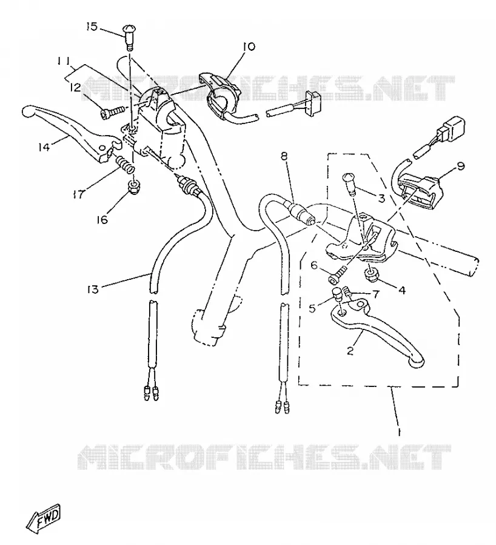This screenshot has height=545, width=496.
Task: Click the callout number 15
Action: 92,27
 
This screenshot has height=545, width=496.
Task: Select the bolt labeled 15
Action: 130,37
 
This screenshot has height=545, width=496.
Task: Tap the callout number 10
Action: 249,46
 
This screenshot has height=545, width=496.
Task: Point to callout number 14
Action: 44,147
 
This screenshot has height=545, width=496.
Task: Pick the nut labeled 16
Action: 134,187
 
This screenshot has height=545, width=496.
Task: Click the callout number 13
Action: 93,289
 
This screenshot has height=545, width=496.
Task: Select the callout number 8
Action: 284,157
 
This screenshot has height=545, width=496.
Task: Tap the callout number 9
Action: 460,167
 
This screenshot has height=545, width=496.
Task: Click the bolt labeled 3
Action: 350,182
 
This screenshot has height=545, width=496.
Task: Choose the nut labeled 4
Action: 370,275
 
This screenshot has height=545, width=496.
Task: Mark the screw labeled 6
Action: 337,274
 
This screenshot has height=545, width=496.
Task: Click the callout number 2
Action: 350,351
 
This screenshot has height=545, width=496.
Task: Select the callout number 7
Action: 375,294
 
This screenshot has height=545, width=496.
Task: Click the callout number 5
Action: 312,308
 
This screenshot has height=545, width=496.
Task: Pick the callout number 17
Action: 79,194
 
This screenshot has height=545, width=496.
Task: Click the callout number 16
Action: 102,219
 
